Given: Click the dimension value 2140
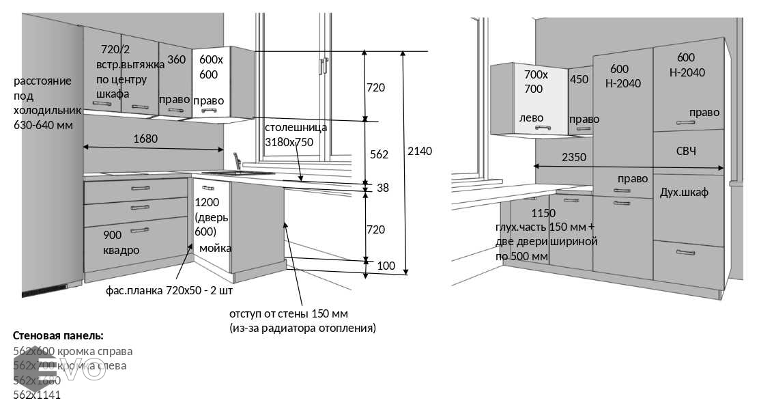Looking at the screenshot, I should coord(419,151).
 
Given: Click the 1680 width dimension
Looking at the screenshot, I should coord(145,139).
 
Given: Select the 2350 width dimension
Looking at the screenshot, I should coord(573,157).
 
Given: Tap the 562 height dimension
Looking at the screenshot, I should coord(379,154).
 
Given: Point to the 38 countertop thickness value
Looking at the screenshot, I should coord(382,188).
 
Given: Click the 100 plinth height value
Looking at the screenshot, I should coord(386,265).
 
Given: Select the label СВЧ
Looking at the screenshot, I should coord(686,150).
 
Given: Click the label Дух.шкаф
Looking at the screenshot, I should coord(684,193).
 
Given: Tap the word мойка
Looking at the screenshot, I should coord(215,248).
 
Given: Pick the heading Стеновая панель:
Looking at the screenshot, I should coord(58,335).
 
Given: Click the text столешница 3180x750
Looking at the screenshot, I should coord(296,135).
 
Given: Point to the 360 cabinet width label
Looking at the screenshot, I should coord(176,59).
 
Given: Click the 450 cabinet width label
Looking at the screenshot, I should coord(579,79).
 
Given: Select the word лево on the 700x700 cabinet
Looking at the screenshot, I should coord(531,117).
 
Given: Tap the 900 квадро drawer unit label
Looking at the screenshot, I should coord(121,242).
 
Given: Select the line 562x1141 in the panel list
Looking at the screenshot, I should coord(37,394).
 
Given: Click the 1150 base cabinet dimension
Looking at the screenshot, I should coord(543,213).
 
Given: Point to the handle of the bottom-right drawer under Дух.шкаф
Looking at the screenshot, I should coord(685,253).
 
